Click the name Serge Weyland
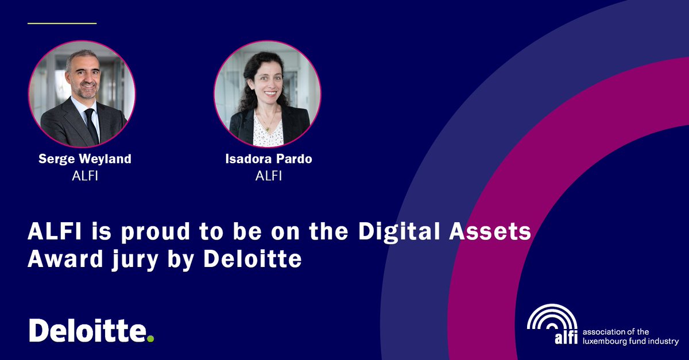pyautogui.click(x=85, y=159)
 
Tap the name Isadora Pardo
pyautogui.click(x=269, y=159)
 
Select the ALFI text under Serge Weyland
pyautogui.click(x=85, y=176)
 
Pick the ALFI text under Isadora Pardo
pyautogui.click(x=269, y=176)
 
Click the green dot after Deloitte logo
pyautogui.click(x=150, y=339)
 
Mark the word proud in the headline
pyautogui.click(x=122, y=231)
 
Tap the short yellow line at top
pyautogui.click(x=62, y=24)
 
